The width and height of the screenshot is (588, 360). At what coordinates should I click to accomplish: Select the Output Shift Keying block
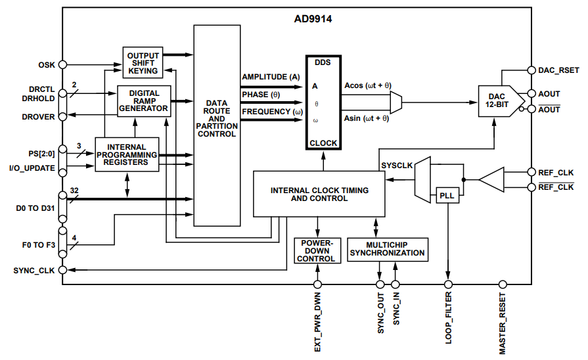(x=143, y=63)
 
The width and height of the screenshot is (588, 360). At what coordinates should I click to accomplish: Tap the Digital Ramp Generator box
(x=143, y=101)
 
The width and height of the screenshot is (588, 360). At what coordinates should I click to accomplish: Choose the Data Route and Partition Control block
(x=216, y=119)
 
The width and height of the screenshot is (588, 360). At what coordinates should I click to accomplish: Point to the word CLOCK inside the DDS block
(x=323, y=143)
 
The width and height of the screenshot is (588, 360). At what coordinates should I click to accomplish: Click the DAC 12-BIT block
(x=497, y=101)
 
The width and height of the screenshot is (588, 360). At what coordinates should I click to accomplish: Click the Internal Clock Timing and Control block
(x=319, y=194)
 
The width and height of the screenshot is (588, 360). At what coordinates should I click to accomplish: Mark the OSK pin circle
(x=62, y=64)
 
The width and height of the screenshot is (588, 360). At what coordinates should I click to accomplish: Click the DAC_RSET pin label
(x=558, y=69)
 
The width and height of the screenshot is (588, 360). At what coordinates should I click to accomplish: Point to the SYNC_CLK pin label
(x=33, y=270)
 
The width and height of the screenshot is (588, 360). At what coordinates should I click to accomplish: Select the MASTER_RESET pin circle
(x=503, y=284)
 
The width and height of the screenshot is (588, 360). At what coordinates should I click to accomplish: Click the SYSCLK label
(x=397, y=166)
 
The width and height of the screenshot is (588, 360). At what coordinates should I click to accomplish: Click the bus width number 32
(x=74, y=189)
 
